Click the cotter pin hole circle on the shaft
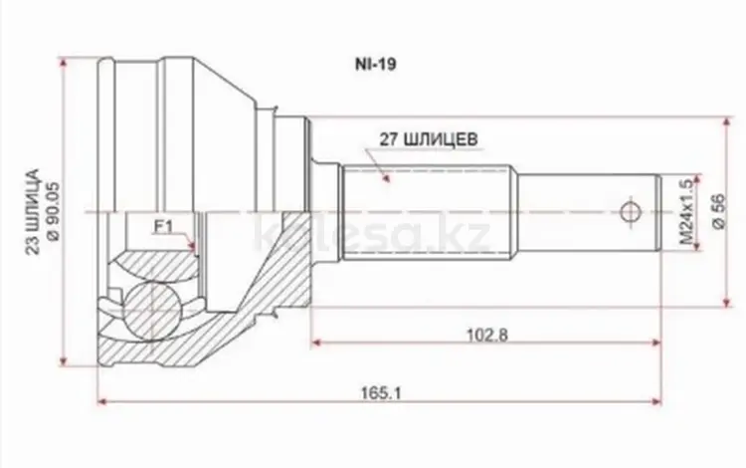[x=629, y=211]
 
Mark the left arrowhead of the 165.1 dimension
[x=101, y=401]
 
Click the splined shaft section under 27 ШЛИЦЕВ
[x=428, y=213]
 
